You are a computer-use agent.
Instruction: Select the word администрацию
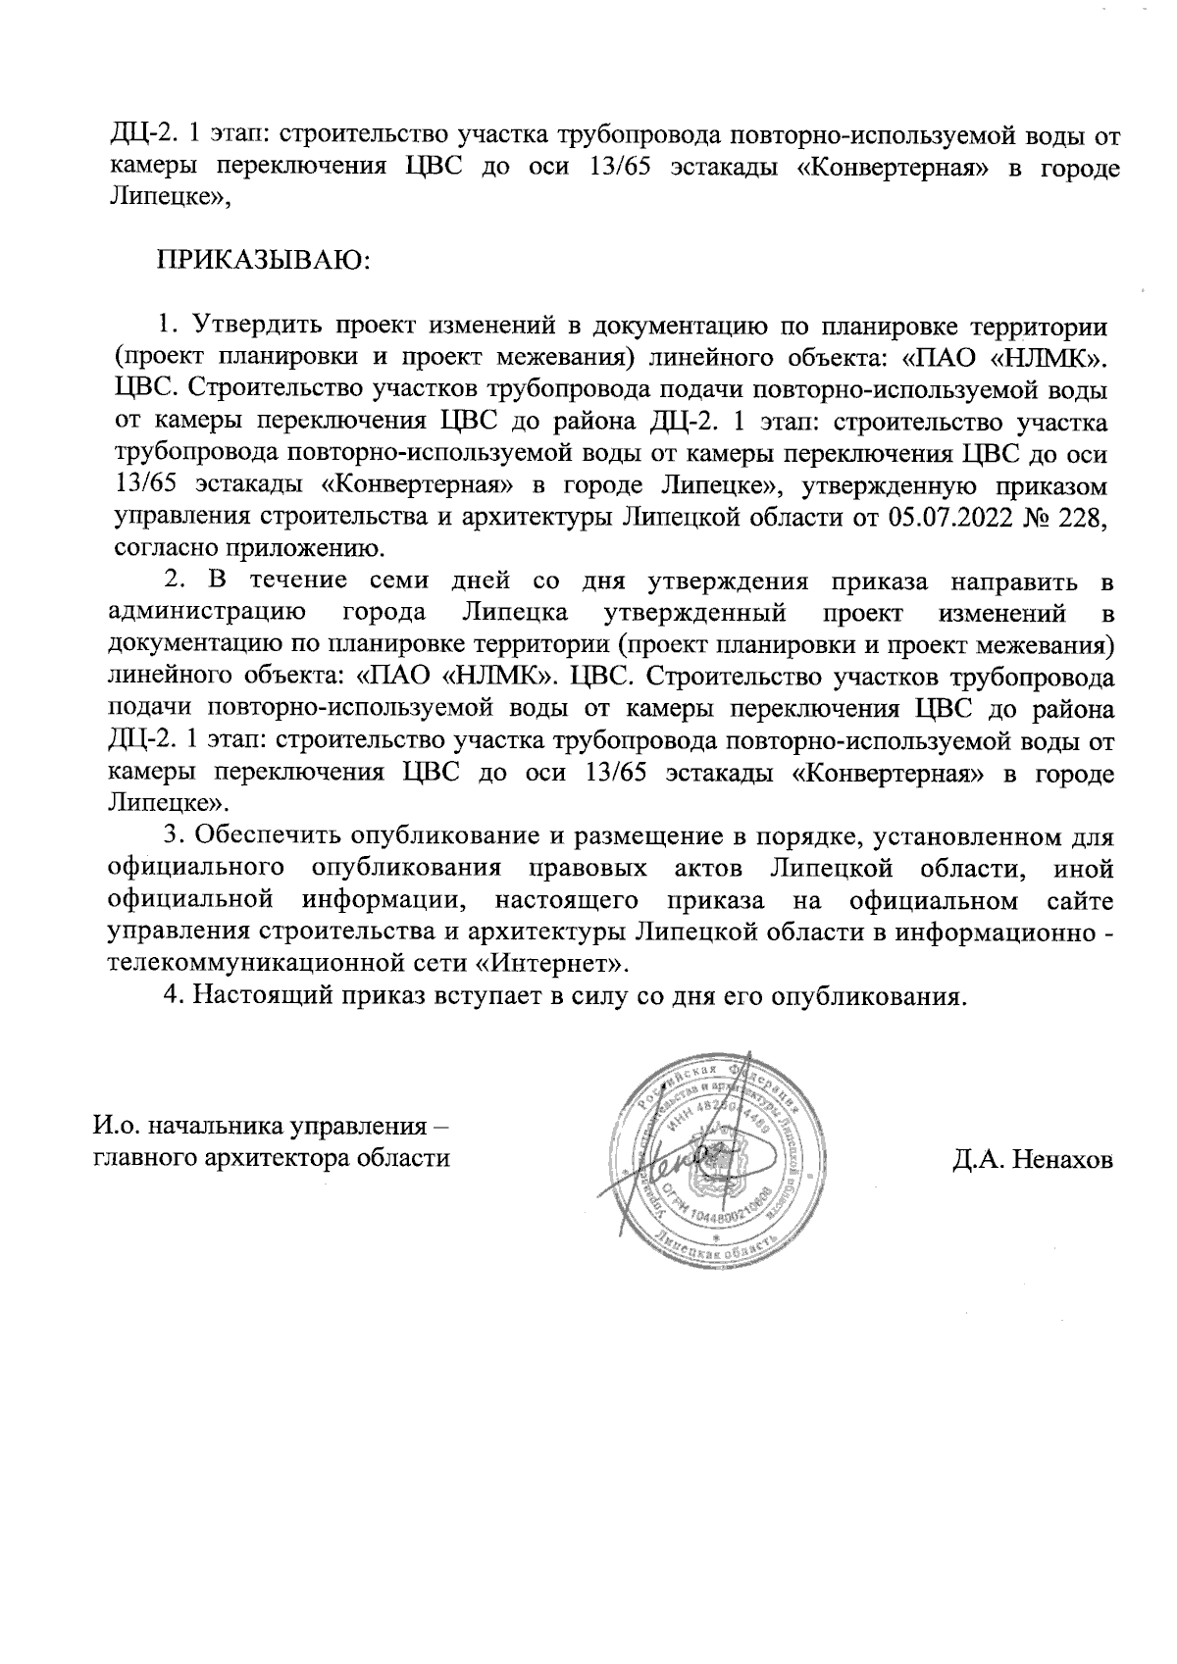click(x=209, y=616)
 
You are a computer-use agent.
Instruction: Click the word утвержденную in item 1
click(x=897, y=486)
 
